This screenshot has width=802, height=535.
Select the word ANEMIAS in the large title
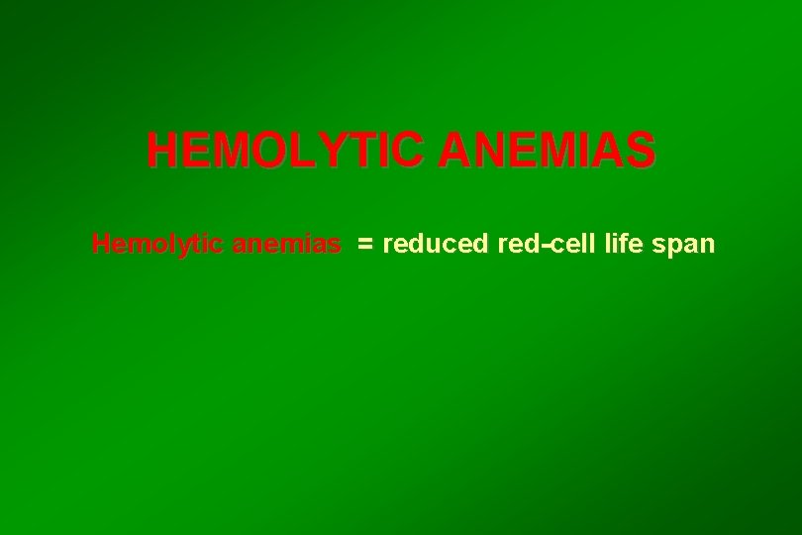546,152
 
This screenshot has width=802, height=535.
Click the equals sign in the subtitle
365,245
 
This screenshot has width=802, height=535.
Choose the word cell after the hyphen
568,244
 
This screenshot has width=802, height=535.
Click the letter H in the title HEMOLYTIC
163,152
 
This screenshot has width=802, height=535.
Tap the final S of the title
640,152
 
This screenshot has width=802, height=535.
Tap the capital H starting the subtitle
100,244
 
